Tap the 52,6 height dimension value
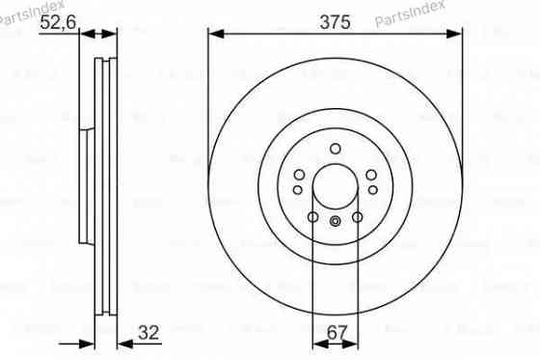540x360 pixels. [56, 26]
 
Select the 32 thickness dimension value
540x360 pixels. [148, 333]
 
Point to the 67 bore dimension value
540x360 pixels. [335, 333]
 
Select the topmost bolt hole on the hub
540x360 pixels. [335, 148]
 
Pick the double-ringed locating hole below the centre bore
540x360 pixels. [335, 223]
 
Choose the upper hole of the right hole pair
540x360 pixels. [368, 173]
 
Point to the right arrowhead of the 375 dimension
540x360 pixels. [454, 34]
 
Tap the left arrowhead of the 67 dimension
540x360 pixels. [319, 342]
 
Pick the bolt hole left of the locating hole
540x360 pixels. [313, 218]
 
